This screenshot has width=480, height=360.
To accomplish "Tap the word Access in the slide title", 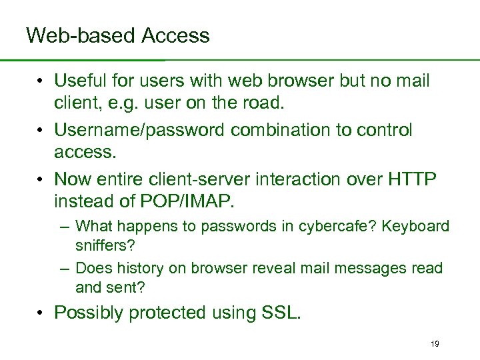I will [175, 35].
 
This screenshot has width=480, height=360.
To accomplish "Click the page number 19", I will [435, 343].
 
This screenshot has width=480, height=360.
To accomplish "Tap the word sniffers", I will [105, 245].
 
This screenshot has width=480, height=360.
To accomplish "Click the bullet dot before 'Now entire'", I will [41, 179].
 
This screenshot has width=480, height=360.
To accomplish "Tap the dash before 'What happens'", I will [64, 227].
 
